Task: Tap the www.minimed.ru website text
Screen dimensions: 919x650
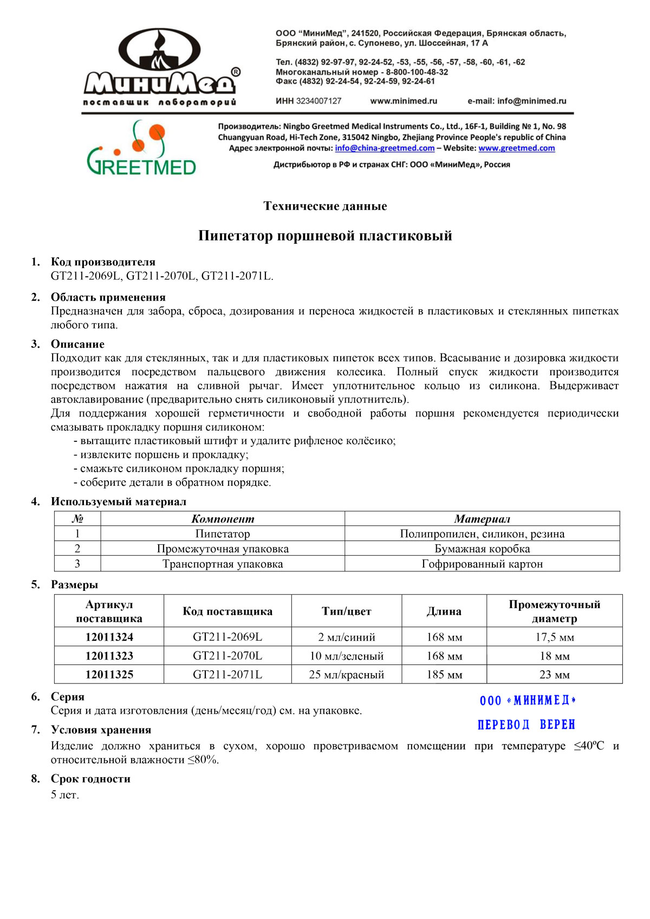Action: pos(404,101)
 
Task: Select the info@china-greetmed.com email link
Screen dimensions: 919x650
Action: pos(385,148)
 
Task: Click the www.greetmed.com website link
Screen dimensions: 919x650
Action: pos(516,148)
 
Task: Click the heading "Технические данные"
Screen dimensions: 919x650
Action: pos(325,206)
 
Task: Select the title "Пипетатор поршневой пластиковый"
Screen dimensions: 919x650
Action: pos(325,236)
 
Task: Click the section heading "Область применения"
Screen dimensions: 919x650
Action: pos(108,297)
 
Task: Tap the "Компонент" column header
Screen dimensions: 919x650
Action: pos(223,519)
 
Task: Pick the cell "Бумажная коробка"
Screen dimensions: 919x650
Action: pos(482,549)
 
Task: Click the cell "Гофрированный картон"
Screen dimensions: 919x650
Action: pos(482,564)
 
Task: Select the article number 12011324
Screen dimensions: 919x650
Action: pos(109,637)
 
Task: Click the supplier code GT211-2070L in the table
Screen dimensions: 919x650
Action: pos(227,656)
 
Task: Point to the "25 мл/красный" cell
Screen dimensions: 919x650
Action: pos(347,675)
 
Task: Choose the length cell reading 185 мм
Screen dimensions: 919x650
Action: pos(444,675)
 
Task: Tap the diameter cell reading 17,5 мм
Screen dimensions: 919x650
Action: pos(555,637)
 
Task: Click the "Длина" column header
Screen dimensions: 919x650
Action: pos(444,611)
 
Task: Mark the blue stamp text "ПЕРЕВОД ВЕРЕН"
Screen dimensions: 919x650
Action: pos(526,725)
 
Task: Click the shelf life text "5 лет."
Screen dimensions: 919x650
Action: pos(65,795)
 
